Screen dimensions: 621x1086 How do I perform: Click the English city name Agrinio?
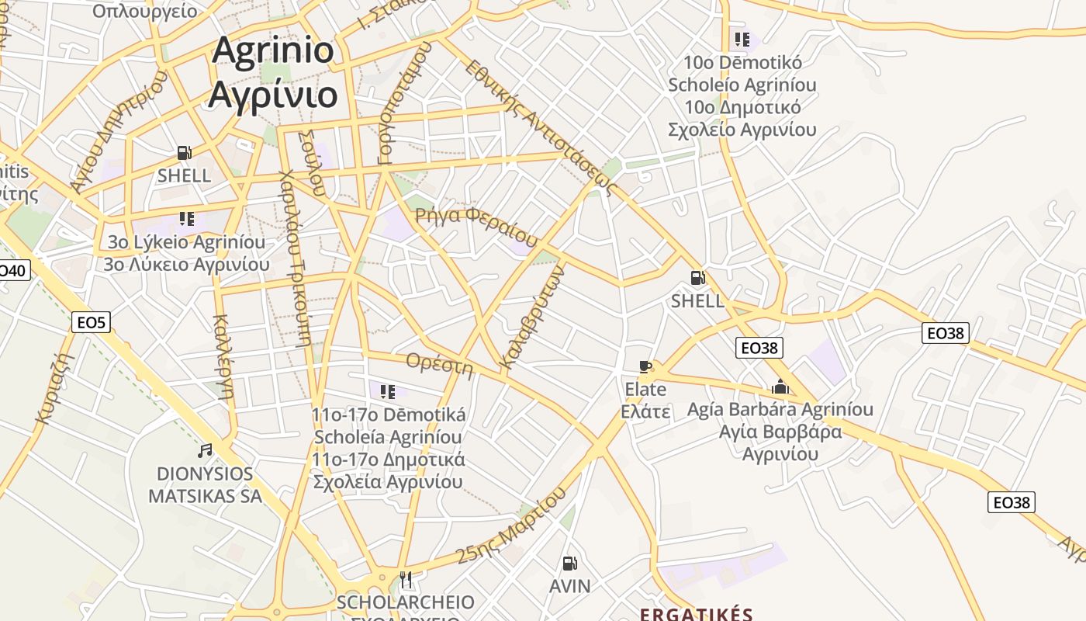[x=273, y=50]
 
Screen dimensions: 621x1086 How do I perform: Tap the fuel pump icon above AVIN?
[x=570, y=564]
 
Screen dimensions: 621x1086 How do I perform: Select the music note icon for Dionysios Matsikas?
[x=205, y=450]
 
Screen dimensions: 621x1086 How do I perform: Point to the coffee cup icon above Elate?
[x=645, y=366]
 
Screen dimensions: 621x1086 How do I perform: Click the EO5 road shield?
[x=92, y=321]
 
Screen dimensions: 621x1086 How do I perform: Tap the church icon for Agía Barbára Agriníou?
[x=780, y=387]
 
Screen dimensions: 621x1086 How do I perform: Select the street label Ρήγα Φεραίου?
[x=476, y=226]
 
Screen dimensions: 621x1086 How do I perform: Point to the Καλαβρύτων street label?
[x=531, y=317]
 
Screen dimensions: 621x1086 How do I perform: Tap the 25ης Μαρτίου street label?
[x=511, y=526]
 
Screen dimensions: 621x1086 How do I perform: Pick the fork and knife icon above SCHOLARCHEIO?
[x=406, y=579]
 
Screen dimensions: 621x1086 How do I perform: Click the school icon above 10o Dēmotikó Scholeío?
[x=742, y=39]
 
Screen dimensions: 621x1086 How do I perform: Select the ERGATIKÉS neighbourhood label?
[x=696, y=614]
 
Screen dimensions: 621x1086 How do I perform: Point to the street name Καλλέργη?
[x=223, y=355]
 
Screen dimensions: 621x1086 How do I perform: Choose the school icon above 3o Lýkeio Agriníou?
[x=187, y=219]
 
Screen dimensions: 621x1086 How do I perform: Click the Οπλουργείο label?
[x=144, y=10]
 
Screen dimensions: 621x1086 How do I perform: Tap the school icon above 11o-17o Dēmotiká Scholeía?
[x=388, y=391]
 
